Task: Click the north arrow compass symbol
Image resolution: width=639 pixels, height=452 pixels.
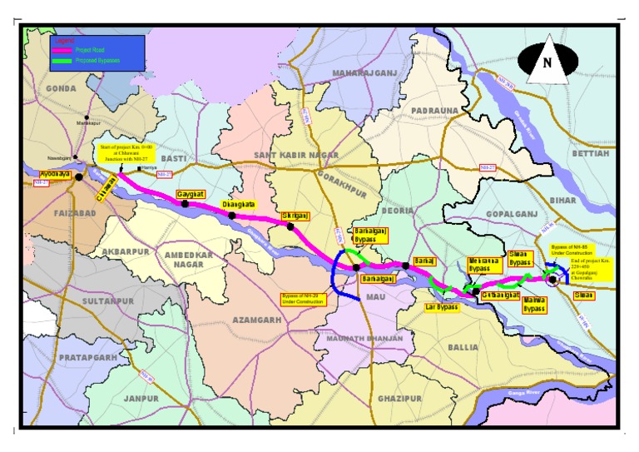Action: (547, 62)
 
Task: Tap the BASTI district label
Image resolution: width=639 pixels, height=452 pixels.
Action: (173, 158)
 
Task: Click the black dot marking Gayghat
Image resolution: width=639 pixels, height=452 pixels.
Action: (185, 203)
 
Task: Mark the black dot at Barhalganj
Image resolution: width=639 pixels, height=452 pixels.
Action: (356, 267)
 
